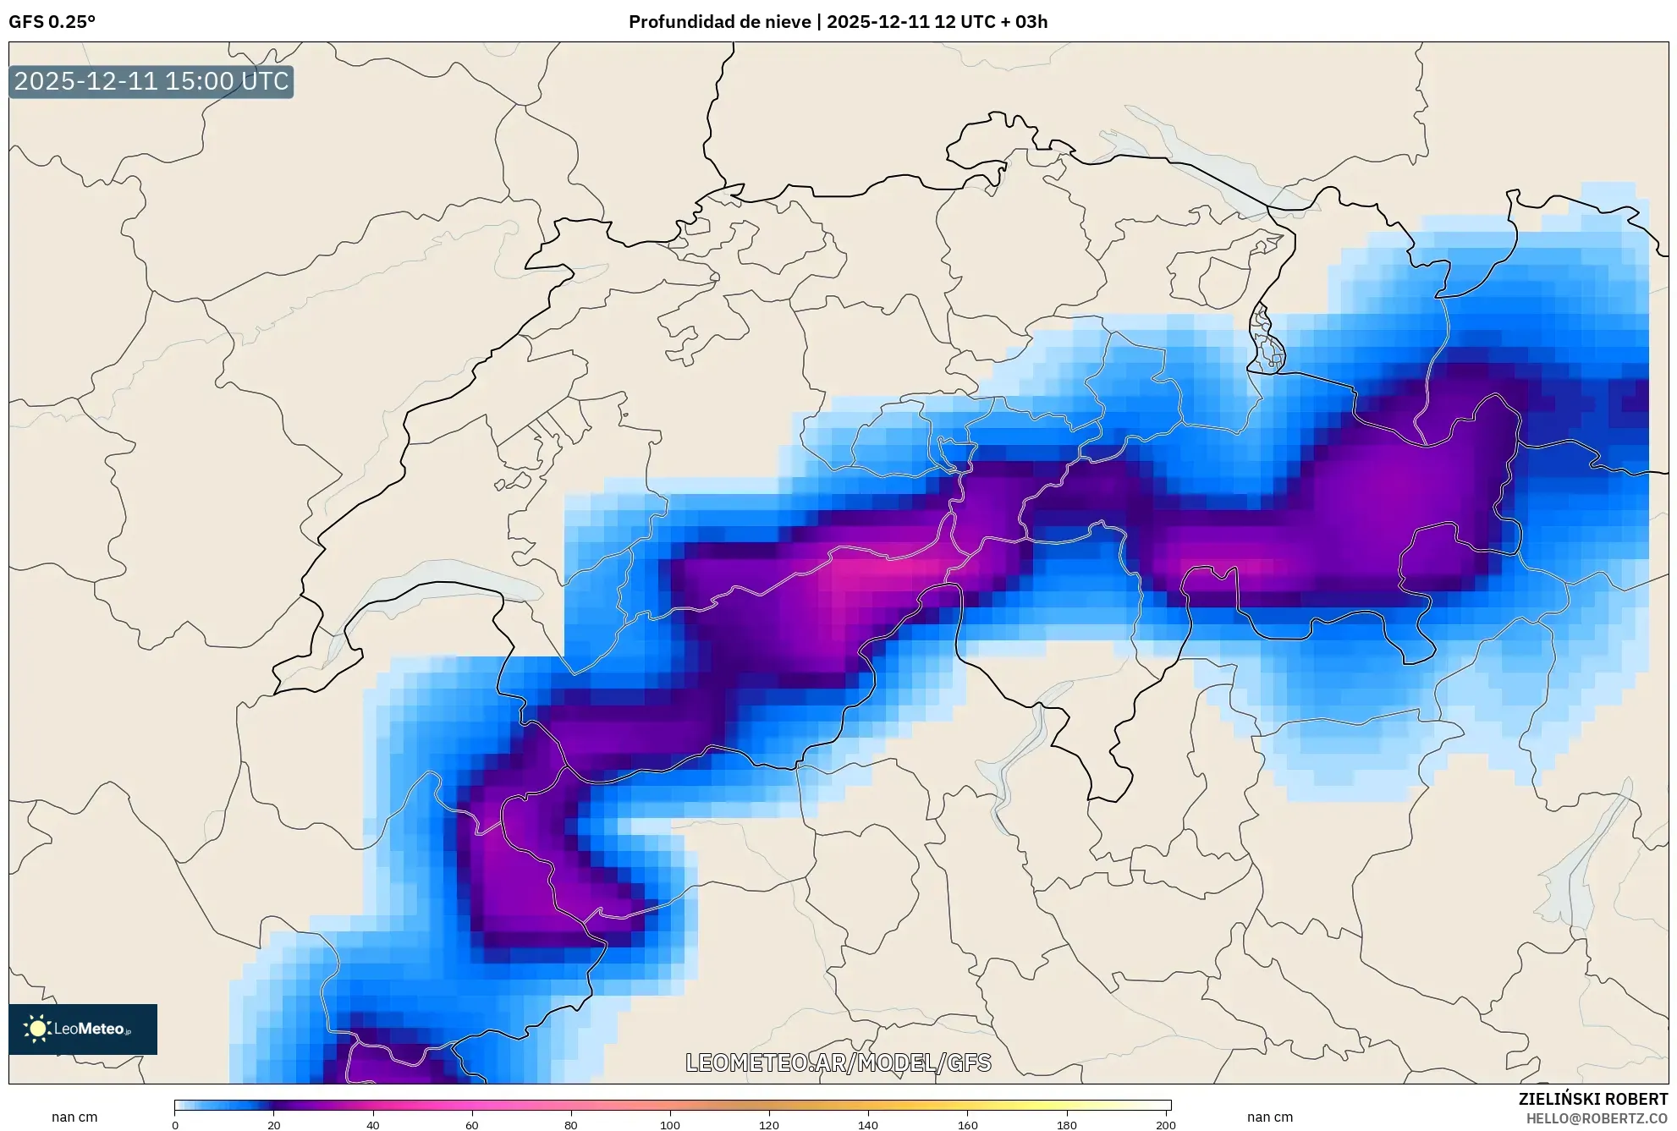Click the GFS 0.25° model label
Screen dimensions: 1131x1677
[x=52, y=22]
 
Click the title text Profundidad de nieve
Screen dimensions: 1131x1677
[x=719, y=22]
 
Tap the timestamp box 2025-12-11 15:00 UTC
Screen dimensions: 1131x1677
[x=151, y=82]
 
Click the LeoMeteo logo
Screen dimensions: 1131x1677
[x=83, y=1029]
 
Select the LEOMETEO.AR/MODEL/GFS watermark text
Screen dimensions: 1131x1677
[x=838, y=1062]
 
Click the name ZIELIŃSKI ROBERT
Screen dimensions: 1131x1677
[x=1592, y=1099]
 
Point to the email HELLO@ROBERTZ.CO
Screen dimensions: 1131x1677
[x=1597, y=1118]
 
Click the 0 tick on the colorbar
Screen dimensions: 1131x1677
[x=175, y=1125]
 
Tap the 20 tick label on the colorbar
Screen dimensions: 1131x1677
[x=274, y=1125]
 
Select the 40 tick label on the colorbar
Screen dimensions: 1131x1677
[x=373, y=1125]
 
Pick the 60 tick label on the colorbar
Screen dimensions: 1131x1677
[x=472, y=1125]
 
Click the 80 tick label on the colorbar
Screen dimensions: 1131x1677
[x=571, y=1125]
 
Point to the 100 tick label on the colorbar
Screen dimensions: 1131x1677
[x=670, y=1125]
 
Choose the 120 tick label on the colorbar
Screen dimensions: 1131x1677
[x=769, y=1125]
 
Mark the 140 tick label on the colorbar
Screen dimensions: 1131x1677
[x=868, y=1125]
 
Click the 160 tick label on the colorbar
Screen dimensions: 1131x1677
[x=968, y=1125]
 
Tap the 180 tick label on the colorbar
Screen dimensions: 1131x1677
[x=1067, y=1125]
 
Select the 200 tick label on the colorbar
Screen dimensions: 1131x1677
[x=1166, y=1125]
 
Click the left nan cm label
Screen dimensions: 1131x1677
[x=74, y=1117]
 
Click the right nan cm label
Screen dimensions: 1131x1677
[x=1270, y=1117]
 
